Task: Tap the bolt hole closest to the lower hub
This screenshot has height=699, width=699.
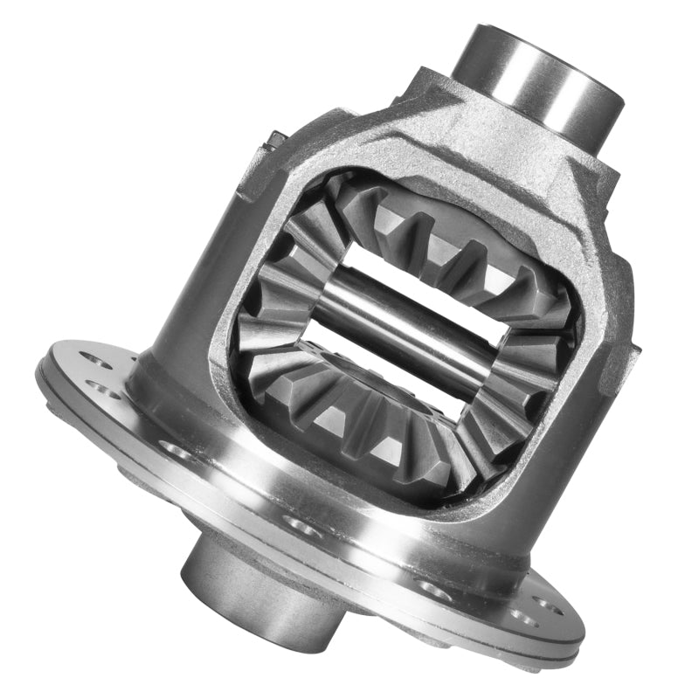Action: [x=297, y=525]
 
